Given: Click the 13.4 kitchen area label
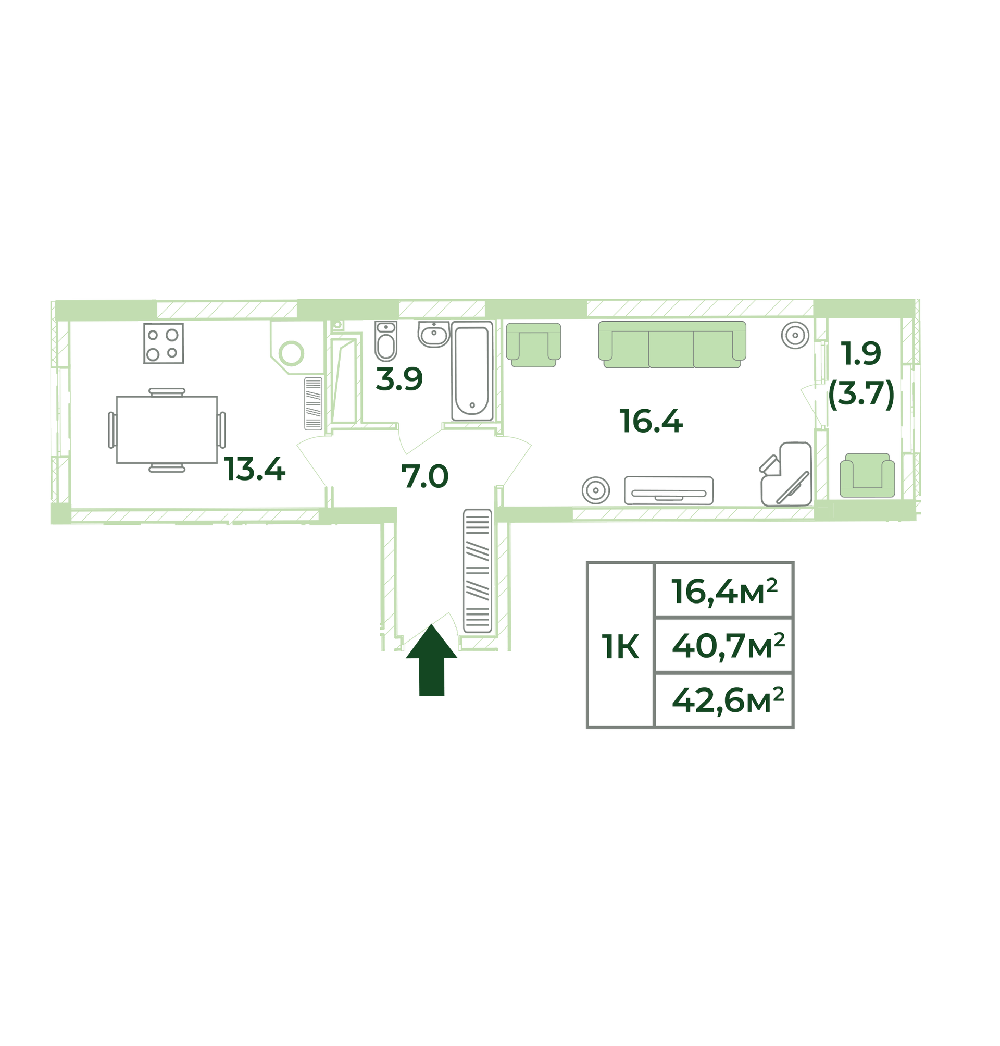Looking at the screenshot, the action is (x=255, y=470).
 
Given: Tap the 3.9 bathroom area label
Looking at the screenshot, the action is (x=399, y=379).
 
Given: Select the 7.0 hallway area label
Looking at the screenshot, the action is (x=425, y=476).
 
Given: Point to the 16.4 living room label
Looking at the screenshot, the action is (x=651, y=422).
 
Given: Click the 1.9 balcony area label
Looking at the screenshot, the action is (x=861, y=354).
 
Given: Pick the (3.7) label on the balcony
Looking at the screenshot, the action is (x=861, y=394).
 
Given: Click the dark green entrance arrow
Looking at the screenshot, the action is (x=431, y=660).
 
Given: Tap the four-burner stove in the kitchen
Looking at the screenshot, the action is (x=164, y=343).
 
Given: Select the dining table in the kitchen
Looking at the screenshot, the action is (x=167, y=430).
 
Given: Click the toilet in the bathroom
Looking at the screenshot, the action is (x=386, y=341).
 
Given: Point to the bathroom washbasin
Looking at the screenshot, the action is (x=434, y=335).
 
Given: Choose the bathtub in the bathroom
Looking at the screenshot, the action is (x=472, y=371).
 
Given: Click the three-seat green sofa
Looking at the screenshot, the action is (x=672, y=344).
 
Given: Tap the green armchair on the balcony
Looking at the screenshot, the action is (x=867, y=475).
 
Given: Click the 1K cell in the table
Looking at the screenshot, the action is (x=620, y=647).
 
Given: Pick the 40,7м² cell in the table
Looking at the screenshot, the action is (x=724, y=646).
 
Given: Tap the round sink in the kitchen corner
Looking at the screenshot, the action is (x=292, y=353).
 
